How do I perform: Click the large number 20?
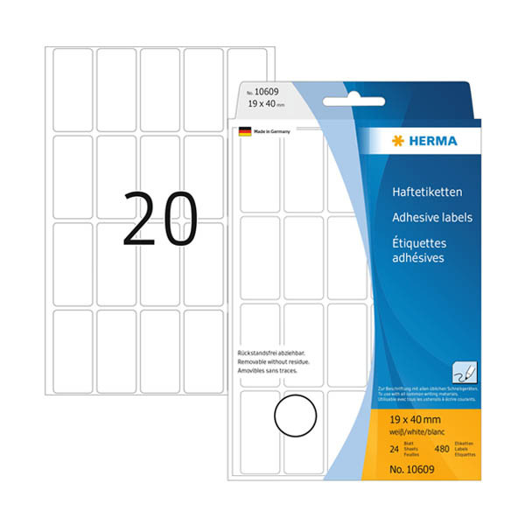point(161,219)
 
